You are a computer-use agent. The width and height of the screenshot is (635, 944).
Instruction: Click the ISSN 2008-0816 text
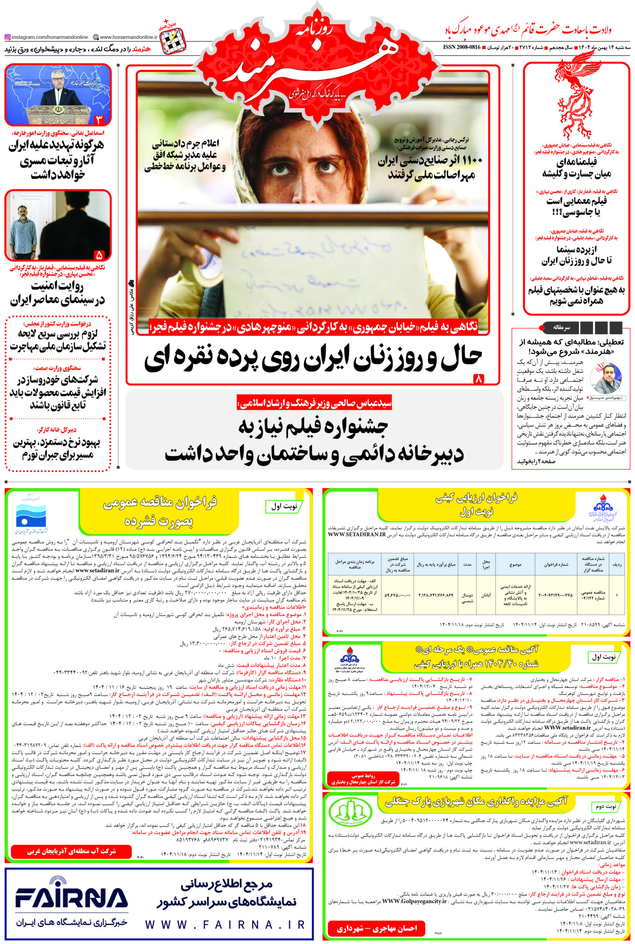pyautogui.click(x=462, y=47)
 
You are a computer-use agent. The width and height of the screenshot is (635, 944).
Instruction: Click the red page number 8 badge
pyautogui.click(x=478, y=379)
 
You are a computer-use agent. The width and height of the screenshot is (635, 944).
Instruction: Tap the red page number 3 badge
pyautogui.click(x=99, y=120)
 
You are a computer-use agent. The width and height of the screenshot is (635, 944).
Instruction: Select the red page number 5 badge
pyautogui.click(x=99, y=255)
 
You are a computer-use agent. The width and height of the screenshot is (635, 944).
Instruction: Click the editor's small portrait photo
pyautogui.click(x=605, y=378)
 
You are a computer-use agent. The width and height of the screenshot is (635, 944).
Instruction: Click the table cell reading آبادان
pyautogui.click(x=486, y=595)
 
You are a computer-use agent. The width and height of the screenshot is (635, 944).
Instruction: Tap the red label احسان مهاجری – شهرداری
pyautogui.click(x=376, y=928)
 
